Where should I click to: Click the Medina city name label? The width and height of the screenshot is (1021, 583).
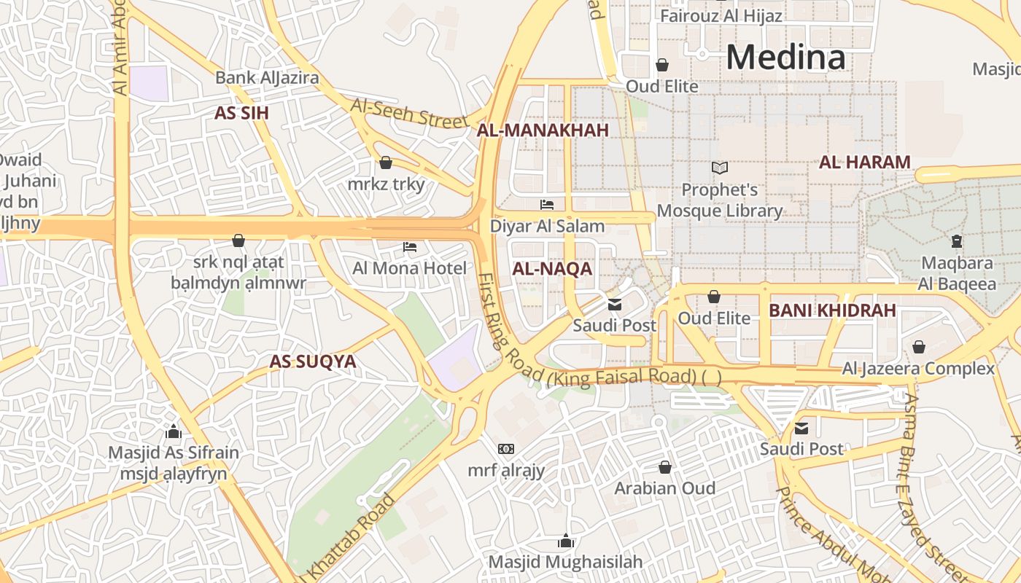click(x=785, y=57)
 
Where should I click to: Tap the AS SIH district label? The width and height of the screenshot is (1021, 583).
click(x=241, y=113)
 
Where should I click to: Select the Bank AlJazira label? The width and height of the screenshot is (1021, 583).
click(x=267, y=77)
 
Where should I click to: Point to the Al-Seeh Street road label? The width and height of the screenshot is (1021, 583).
click(x=408, y=113)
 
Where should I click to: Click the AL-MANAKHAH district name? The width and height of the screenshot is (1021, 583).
click(x=543, y=130)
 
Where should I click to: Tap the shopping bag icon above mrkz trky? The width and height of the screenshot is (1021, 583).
click(x=386, y=162)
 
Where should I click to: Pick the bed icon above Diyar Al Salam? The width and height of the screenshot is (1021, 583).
click(x=547, y=205)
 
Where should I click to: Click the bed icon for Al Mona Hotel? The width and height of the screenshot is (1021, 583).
click(x=410, y=247)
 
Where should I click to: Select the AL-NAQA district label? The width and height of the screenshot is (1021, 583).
click(x=552, y=269)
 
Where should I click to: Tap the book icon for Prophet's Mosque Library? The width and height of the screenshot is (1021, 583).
click(x=720, y=168)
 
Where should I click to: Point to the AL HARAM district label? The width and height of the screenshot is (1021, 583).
click(x=865, y=162)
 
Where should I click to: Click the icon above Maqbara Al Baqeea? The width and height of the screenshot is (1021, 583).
click(x=956, y=240)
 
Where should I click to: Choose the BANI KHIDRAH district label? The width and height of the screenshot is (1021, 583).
click(x=832, y=310)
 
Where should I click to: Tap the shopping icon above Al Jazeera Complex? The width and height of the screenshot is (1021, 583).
click(x=919, y=347)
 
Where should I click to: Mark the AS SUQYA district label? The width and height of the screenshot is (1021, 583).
click(x=312, y=361)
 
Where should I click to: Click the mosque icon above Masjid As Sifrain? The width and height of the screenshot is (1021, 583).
click(x=174, y=431)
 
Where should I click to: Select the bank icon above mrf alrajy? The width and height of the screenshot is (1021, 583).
click(x=506, y=449)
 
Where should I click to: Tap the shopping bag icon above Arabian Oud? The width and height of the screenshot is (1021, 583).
click(x=664, y=466)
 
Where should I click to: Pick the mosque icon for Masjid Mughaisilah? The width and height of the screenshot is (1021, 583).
click(x=565, y=541)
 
